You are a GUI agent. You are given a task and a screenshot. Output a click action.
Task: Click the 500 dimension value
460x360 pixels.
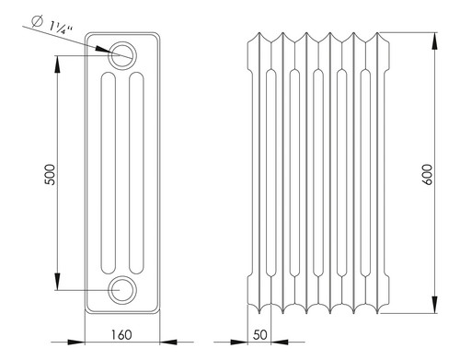pyautogui.click(x=50, y=175)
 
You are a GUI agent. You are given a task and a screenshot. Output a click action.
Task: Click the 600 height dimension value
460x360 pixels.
pyautogui.click(x=427, y=174)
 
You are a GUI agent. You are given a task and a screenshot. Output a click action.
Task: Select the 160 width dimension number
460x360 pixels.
pyautogui.click(x=121, y=335)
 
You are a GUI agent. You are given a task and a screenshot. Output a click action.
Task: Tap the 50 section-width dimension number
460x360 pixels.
pyautogui.click(x=260, y=335)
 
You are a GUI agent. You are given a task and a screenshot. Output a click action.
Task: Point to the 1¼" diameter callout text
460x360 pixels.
pyautogui.click(x=61, y=28)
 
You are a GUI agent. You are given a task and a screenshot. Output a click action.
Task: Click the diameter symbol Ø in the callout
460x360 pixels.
pyautogui.click(x=37, y=21)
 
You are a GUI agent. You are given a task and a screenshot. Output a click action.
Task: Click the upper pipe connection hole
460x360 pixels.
pyautogui.click(x=122, y=55)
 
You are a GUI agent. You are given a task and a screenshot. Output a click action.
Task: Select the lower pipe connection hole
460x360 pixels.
pyautogui.click(x=122, y=290)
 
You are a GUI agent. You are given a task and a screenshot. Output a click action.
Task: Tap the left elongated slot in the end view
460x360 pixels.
pyautogui.click(x=109, y=173)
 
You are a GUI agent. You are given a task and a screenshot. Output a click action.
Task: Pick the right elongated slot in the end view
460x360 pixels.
pyautogui.click(x=136, y=173)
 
